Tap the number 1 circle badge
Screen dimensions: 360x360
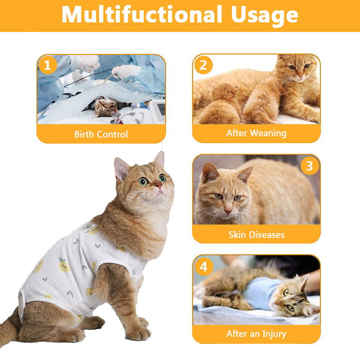click(47, 65)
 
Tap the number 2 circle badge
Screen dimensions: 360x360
click(203, 65)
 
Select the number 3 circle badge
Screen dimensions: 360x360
click(310, 165)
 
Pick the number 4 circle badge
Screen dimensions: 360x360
click(203, 265)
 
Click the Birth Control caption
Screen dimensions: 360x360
click(101, 134)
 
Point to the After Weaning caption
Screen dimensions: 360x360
click(256, 133)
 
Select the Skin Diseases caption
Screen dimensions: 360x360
click(256, 234)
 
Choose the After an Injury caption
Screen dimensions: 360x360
click(256, 334)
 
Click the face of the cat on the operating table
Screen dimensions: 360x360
click(105, 107)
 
